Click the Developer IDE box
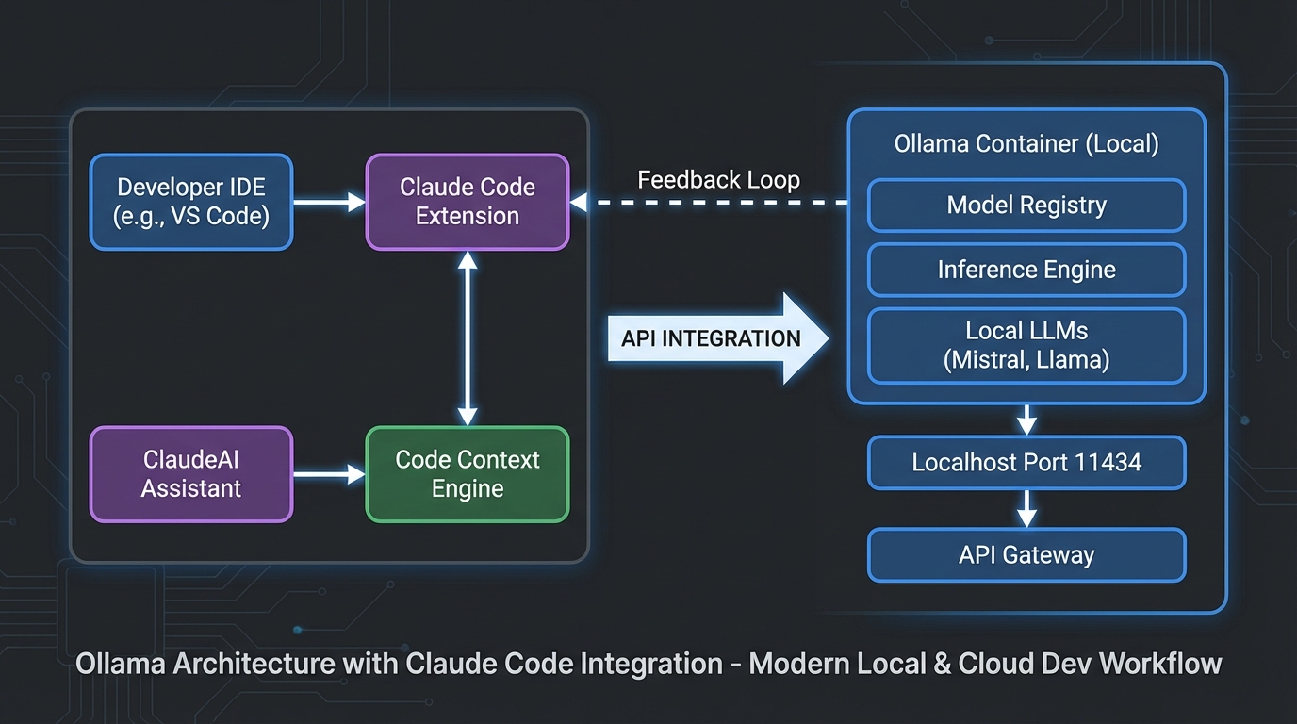pos(191,203)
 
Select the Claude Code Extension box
pos(468,203)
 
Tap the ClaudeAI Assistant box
pos(191,474)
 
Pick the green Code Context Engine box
pos(468,474)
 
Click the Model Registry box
pos(1026,206)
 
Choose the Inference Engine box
pos(1026,270)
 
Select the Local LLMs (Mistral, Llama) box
pos(1026,346)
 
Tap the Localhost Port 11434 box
pos(1026,463)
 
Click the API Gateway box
pos(1026,555)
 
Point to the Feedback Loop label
pos(718,180)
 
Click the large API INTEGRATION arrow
pos(716,338)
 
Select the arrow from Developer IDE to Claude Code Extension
pos(329,202)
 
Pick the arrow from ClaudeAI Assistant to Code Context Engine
pos(329,474)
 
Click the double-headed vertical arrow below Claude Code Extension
pos(468,338)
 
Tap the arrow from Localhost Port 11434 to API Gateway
pos(1027,509)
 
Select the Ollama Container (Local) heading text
pos(1026,144)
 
